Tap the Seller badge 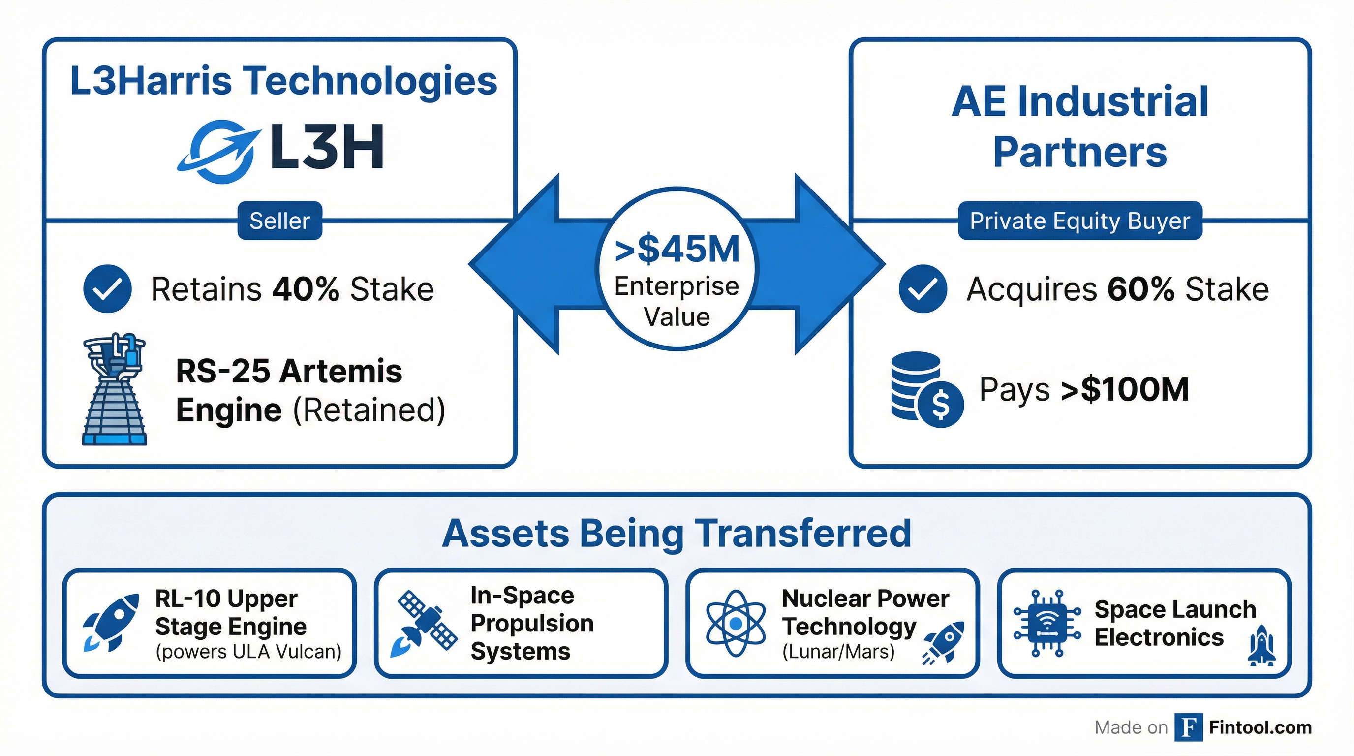coord(279,221)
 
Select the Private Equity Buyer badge coord(1079,221)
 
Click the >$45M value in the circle coord(677,249)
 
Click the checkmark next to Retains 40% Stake coord(107,288)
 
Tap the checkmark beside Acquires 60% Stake coord(923,288)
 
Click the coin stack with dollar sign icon coord(926,389)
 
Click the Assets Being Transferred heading coord(677,533)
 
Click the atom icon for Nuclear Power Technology coord(736,624)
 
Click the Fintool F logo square coord(1188,727)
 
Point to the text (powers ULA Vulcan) coord(248,652)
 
